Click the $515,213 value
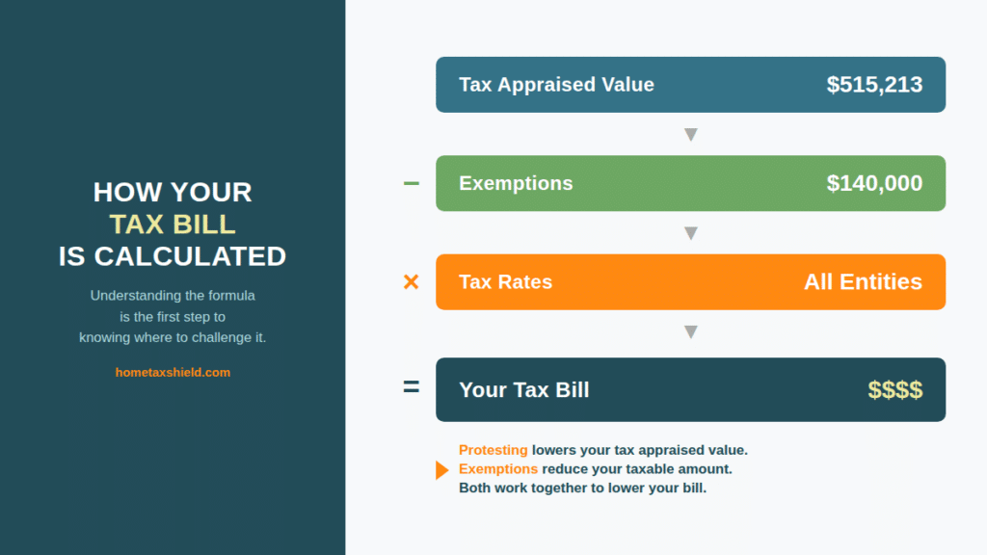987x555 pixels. (x=874, y=85)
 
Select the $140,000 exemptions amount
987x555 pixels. (x=874, y=183)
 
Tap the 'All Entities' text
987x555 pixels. (x=863, y=282)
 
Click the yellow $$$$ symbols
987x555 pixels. (x=894, y=390)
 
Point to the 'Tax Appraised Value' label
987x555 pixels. (x=556, y=85)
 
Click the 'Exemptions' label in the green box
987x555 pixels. (x=516, y=183)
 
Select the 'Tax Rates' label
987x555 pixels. (x=505, y=282)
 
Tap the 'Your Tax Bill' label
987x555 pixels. (x=523, y=390)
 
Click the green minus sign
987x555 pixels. (x=411, y=183)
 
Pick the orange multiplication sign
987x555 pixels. (x=411, y=282)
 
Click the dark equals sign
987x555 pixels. (x=411, y=388)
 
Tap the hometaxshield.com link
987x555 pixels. (x=173, y=372)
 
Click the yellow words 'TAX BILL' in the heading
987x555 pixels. (x=173, y=225)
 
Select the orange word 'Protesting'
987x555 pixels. (x=493, y=450)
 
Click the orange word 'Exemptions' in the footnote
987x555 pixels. (x=497, y=469)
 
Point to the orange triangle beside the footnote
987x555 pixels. (x=441, y=470)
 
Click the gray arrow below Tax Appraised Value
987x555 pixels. (x=690, y=135)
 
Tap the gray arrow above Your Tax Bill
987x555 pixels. (x=690, y=332)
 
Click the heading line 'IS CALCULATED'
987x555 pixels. (x=173, y=256)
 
